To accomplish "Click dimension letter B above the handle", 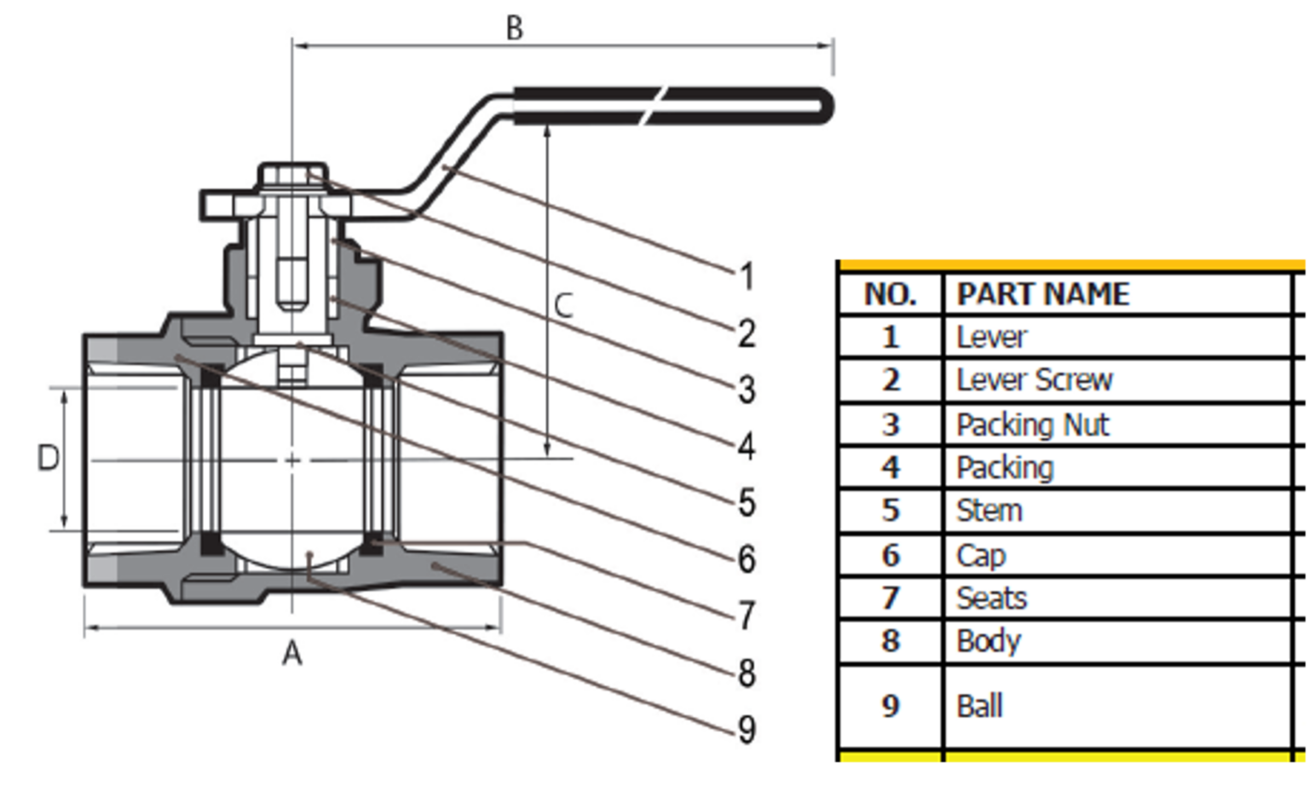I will [x=514, y=27].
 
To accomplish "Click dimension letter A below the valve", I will [x=292, y=654].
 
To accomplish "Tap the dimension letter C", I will [x=563, y=306].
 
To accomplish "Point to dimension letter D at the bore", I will [x=49, y=458].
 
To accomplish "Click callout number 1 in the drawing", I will [x=747, y=276].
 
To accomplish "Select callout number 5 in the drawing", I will [x=747, y=502].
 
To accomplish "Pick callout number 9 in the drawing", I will [x=747, y=729].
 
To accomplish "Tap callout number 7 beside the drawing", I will [x=747, y=615].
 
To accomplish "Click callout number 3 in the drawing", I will [x=747, y=390].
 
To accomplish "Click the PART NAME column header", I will [x=1042, y=294].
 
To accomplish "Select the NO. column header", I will [x=891, y=294].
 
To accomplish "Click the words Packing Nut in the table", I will [x=1032, y=424].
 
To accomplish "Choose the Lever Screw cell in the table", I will [x=1034, y=379].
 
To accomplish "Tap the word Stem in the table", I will [x=989, y=510].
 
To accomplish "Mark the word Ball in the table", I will [x=979, y=706].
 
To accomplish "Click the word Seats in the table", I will [x=991, y=598].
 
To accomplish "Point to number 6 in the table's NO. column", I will [x=891, y=555].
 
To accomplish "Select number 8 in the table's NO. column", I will [x=891, y=640].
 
